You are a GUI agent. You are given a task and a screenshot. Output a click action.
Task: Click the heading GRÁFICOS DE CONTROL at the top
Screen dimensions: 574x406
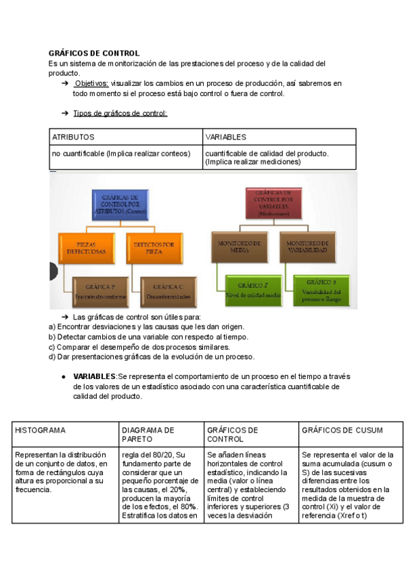[x=94, y=53]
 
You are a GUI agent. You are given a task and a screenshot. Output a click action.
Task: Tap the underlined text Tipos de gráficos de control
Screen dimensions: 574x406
[x=120, y=113]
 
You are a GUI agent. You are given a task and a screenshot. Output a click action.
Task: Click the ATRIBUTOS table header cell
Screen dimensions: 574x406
[x=74, y=137]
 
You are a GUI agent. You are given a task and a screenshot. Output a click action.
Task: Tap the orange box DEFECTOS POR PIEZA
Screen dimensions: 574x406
[x=154, y=247]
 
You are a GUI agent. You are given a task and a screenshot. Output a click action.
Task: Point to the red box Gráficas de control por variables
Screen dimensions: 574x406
[x=273, y=202]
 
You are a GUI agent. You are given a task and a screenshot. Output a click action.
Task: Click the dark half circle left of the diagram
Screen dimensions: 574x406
[x=53, y=272]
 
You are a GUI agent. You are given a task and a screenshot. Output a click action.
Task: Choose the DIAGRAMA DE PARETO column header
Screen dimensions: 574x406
[x=148, y=435]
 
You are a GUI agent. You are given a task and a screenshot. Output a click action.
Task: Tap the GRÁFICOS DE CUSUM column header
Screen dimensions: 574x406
[x=342, y=430]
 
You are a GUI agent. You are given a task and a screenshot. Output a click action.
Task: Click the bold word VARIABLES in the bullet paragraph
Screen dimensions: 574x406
[x=94, y=376]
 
